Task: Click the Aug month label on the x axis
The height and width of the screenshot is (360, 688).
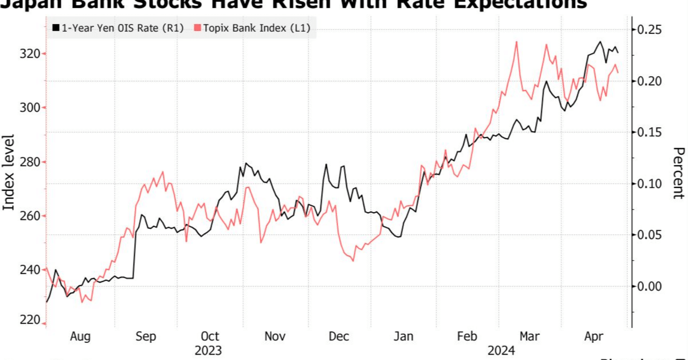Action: point(80,336)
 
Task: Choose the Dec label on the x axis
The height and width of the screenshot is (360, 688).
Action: point(339,336)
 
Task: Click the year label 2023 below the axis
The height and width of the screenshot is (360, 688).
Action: point(209,350)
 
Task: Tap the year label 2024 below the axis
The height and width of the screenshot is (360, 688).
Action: point(501,350)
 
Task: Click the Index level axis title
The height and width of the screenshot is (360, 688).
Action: point(9,172)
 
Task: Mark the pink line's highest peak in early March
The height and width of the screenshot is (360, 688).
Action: point(517,41)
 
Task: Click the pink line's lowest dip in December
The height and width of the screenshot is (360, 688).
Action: point(353,261)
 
